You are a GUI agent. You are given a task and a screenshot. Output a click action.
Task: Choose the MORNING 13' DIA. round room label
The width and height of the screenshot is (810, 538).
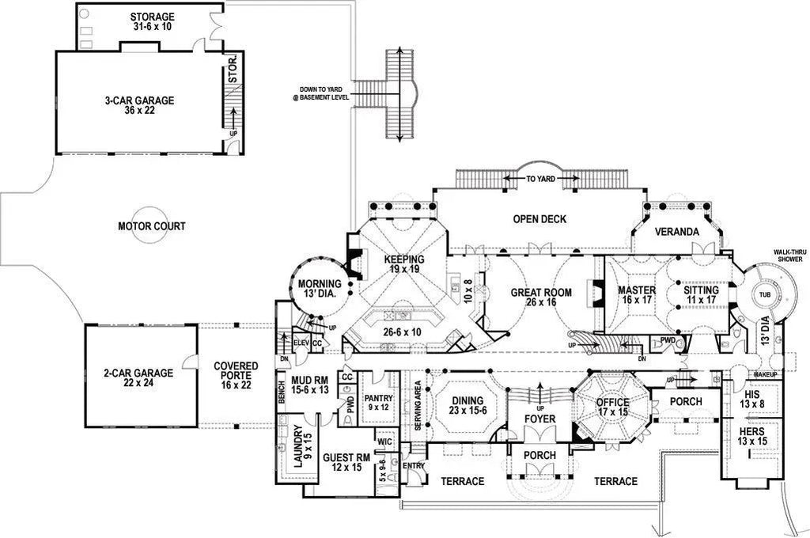point(319,289)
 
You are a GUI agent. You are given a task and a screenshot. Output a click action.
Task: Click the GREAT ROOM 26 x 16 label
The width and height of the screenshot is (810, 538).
point(540,297)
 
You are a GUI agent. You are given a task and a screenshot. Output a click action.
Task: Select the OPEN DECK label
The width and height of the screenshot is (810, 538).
point(539,219)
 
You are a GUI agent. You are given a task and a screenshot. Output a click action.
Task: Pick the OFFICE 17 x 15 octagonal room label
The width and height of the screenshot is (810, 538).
point(613,407)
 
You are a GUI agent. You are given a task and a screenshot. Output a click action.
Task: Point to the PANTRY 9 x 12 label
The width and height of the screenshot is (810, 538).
point(379,403)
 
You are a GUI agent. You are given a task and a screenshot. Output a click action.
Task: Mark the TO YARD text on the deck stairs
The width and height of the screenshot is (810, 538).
point(540,180)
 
